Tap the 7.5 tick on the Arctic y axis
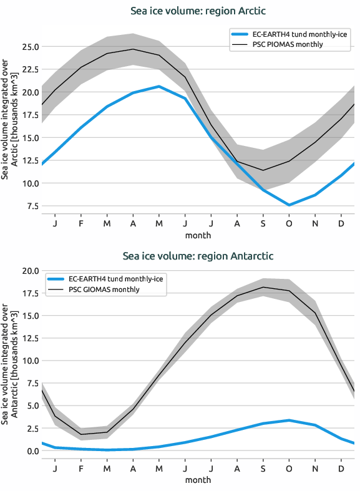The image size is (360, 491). point(31,207)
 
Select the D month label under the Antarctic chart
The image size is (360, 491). point(341,468)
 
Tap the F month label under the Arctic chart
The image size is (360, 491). point(82,223)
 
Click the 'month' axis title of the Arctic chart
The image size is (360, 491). point(198,235)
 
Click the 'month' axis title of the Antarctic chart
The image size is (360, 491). point(198,480)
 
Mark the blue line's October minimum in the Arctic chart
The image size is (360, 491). point(289,205)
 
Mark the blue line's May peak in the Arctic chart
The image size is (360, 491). point(160,86)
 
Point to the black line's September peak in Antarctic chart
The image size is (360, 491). point(263,288)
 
